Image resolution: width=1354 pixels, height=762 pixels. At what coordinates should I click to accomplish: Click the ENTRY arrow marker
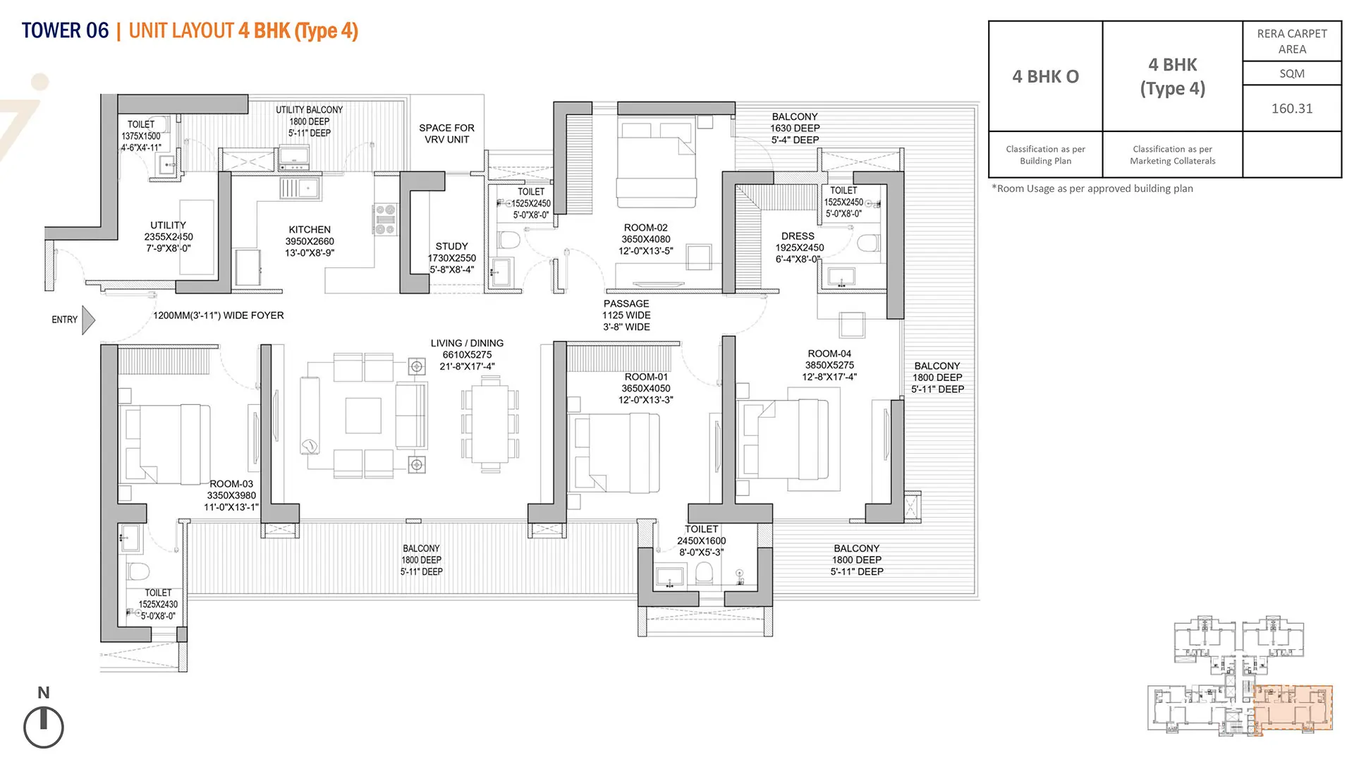pos(88,320)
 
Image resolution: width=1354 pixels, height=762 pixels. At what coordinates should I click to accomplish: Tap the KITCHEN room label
pos(310,230)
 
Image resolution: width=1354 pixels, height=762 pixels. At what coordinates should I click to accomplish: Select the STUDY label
pos(451,246)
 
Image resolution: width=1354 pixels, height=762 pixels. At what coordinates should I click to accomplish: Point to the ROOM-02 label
pos(645,228)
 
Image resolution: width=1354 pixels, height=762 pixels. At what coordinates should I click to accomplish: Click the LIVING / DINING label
pos(467,343)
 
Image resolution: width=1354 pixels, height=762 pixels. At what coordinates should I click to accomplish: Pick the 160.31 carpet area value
pos(1292,109)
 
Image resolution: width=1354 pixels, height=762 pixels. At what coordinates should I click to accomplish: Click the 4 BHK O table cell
pos(1046,76)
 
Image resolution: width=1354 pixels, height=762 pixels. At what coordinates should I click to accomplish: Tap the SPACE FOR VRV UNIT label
pos(446,133)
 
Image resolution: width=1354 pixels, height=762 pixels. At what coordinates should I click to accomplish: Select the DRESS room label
pos(798,236)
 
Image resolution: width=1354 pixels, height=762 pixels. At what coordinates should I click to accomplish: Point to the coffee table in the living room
pos(363,416)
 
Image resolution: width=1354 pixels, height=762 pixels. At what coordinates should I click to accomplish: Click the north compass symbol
pos(44,727)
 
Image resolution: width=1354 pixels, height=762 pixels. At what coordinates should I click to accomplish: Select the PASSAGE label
pos(626,303)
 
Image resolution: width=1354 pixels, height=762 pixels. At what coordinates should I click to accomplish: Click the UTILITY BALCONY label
pos(309,110)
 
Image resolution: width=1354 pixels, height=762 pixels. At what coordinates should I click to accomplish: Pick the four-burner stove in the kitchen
pos(386,219)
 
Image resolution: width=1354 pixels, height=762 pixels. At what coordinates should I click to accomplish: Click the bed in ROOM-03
pos(165,444)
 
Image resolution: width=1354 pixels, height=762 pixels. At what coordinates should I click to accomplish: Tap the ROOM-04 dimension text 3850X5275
pos(829,365)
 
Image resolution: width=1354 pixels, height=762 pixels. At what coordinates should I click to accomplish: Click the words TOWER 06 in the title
pos(65,31)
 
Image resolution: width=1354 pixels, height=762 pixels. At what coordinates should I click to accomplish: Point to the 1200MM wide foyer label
pos(219,315)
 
